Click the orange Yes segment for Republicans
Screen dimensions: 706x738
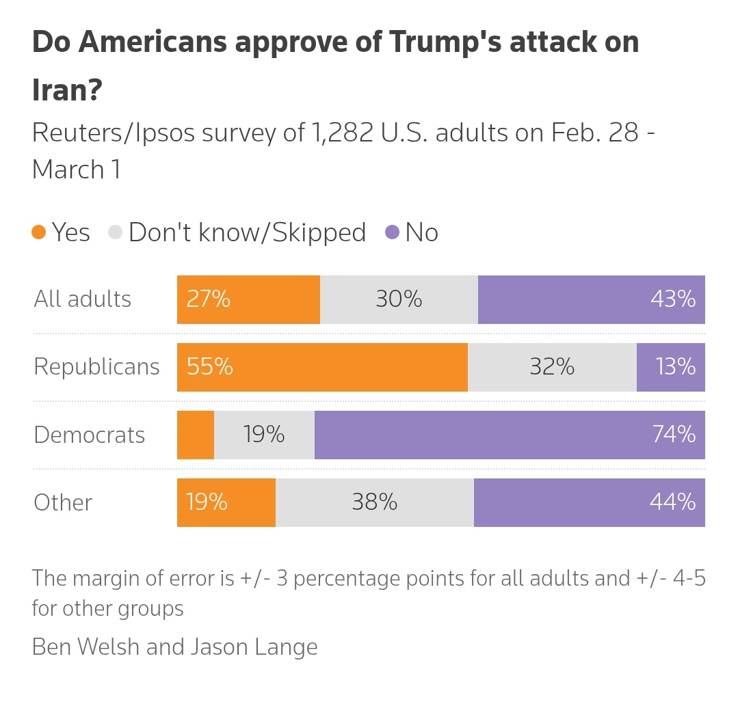coord(321,367)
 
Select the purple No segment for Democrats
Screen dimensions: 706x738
coord(510,435)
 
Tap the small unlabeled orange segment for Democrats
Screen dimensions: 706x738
coord(195,435)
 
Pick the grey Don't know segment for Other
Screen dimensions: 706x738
coord(374,502)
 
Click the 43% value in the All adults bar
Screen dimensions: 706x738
coord(673,299)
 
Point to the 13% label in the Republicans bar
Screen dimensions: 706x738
coord(675,367)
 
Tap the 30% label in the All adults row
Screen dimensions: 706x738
coord(399,299)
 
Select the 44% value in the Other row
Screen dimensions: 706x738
coord(673,502)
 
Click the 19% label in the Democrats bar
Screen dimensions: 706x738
coord(264,435)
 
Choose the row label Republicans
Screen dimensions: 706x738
coord(96,367)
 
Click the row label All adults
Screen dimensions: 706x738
coord(82,299)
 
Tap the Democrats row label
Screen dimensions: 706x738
coord(89,435)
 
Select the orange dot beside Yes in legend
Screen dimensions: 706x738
coord(39,232)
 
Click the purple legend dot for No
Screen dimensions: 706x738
coord(392,232)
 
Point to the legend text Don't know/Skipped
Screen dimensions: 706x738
coord(247,232)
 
